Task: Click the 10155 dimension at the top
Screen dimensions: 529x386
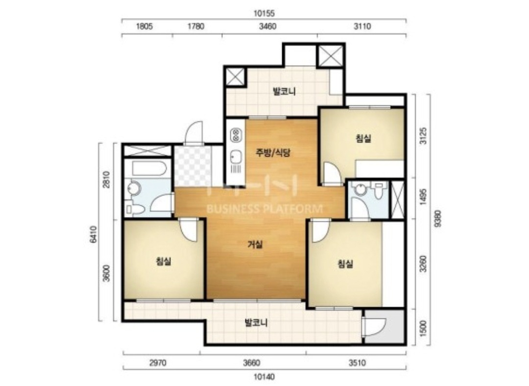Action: [x=264, y=14]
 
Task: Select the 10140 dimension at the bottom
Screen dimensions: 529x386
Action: [x=264, y=376]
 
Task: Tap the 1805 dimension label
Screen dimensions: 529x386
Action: [x=144, y=26]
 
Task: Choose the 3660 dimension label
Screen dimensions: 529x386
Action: [x=251, y=363]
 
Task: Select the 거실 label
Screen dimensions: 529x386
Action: [x=255, y=244]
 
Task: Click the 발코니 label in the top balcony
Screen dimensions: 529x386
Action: [x=284, y=91]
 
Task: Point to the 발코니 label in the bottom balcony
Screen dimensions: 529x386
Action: [x=256, y=323]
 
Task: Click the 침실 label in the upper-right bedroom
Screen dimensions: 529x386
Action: [x=363, y=138]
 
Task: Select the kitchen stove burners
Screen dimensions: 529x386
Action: [x=236, y=135]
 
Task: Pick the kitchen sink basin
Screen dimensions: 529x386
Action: [x=235, y=157]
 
